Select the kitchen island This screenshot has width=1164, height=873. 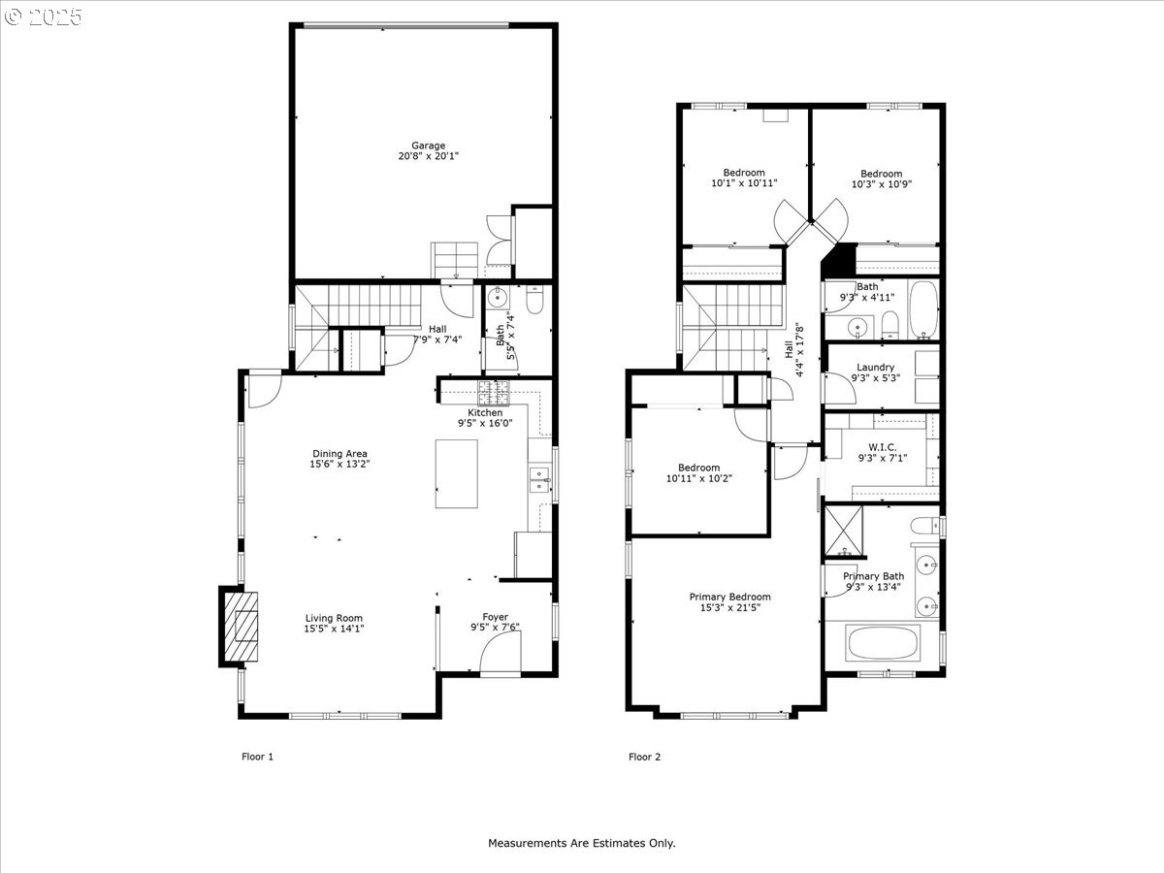pyautogui.click(x=456, y=473)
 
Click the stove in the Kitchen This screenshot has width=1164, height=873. pyautogui.click(x=493, y=393)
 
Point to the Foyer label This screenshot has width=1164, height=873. pyautogui.click(x=495, y=616)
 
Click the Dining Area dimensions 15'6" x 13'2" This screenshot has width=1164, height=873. pyautogui.click(x=339, y=465)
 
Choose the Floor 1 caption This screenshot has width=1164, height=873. pyautogui.click(x=257, y=757)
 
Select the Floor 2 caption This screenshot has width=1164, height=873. pyautogui.click(x=645, y=757)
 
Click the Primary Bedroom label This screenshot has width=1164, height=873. pyautogui.click(x=729, y=597)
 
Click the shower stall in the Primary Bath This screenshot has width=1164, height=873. pyautogui.click(x=844, y=532)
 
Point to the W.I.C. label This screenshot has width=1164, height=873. pyautogui.click(x=882, y=447)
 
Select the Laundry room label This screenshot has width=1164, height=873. pyautogui.click(x=875, y=368)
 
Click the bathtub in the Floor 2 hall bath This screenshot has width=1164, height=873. pyautogui.click(x=920, y=307)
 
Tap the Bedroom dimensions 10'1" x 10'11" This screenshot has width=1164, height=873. pyautogui.click(x=744, y=183)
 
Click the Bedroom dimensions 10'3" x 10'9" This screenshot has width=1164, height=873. pyautogui.click(x=881, y=184)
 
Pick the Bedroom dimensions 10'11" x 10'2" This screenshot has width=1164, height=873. pyautogui.click(x=698, y=477)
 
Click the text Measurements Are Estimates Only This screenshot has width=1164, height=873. pyautogui.click(x=581, y=843)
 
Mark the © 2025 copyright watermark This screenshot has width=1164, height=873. pyautogui.click(x=44, y=16)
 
